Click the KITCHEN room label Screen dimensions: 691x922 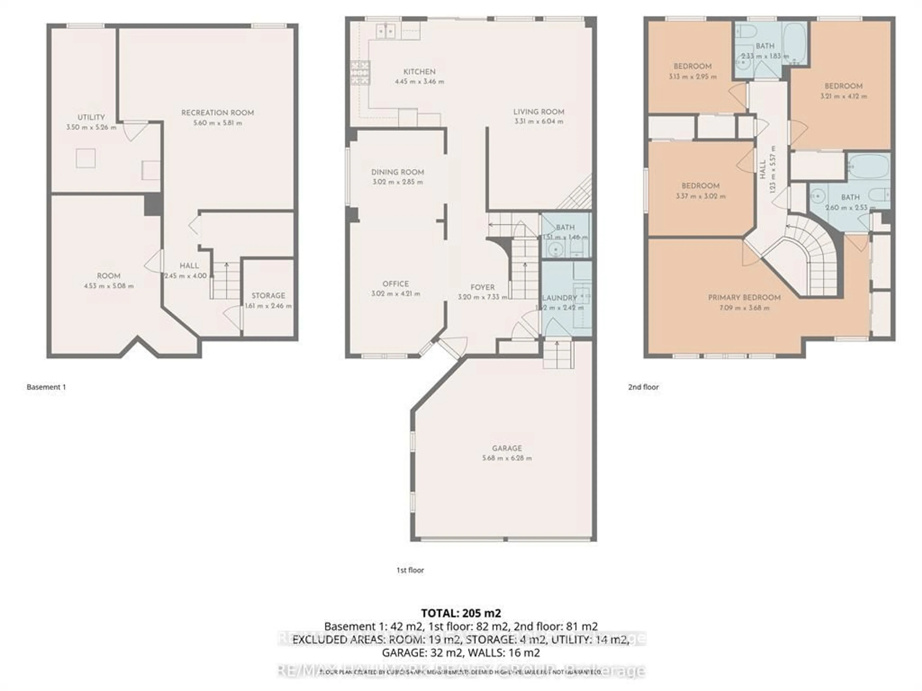(x=419, y=72)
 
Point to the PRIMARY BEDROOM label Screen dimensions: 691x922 (x=744, y=297)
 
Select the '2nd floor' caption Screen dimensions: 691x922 (x=643, y=387)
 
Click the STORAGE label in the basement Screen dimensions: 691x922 (x=268, y=295)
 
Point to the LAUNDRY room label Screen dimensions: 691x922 (x=559, y=298)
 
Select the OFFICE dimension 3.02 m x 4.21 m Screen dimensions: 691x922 (x=395, y=294)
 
